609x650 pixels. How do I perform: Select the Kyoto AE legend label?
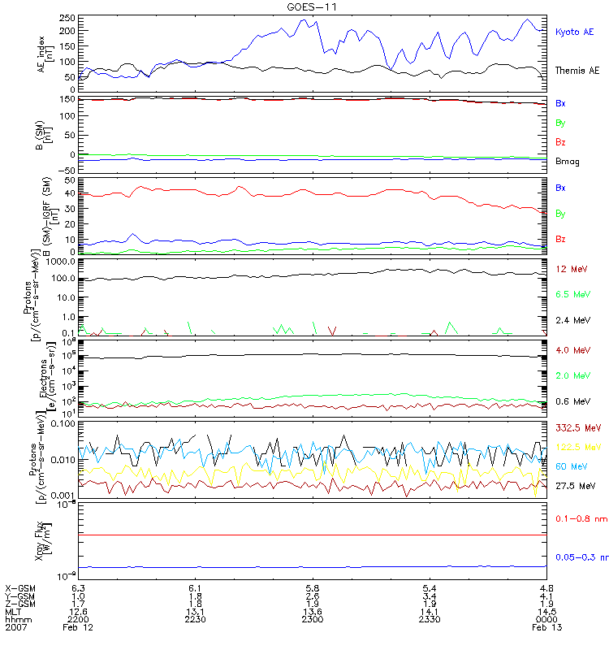(574, 32)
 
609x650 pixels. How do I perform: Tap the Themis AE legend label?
(577, 71)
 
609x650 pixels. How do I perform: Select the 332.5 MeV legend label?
(576, 427)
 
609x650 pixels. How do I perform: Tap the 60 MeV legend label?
(569, 466)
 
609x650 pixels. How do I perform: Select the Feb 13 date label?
(541, 628)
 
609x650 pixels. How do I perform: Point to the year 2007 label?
(15, 628)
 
